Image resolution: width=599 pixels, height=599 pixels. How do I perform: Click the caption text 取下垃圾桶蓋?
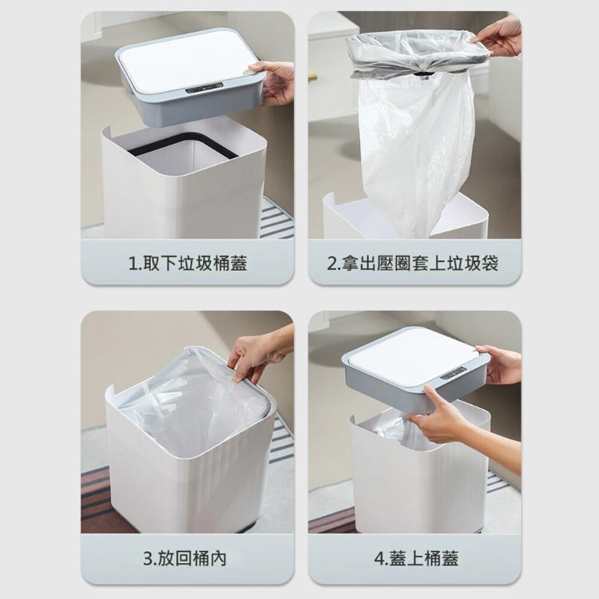pyautogui.click(x=195, y=264)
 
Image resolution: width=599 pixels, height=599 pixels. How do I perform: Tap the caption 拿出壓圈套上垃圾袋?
pyautogui.click(x=419, y=264)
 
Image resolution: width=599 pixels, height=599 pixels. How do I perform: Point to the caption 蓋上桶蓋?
pyautogui.click(x=423, y=558)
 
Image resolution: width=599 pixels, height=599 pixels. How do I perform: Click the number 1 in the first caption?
pyautogui.click(x=133, y=264)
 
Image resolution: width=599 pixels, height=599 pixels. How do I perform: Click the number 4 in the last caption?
pyautogui.click(x=379, y=559)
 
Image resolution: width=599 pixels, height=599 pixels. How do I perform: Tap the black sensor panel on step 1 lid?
pyautogui.click(x=204, y=88)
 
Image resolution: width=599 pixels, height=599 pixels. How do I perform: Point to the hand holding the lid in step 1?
pyautogui.click(x=275, y=81)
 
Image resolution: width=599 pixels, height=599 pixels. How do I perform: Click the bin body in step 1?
pyautogui.click(x=184, y=191)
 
